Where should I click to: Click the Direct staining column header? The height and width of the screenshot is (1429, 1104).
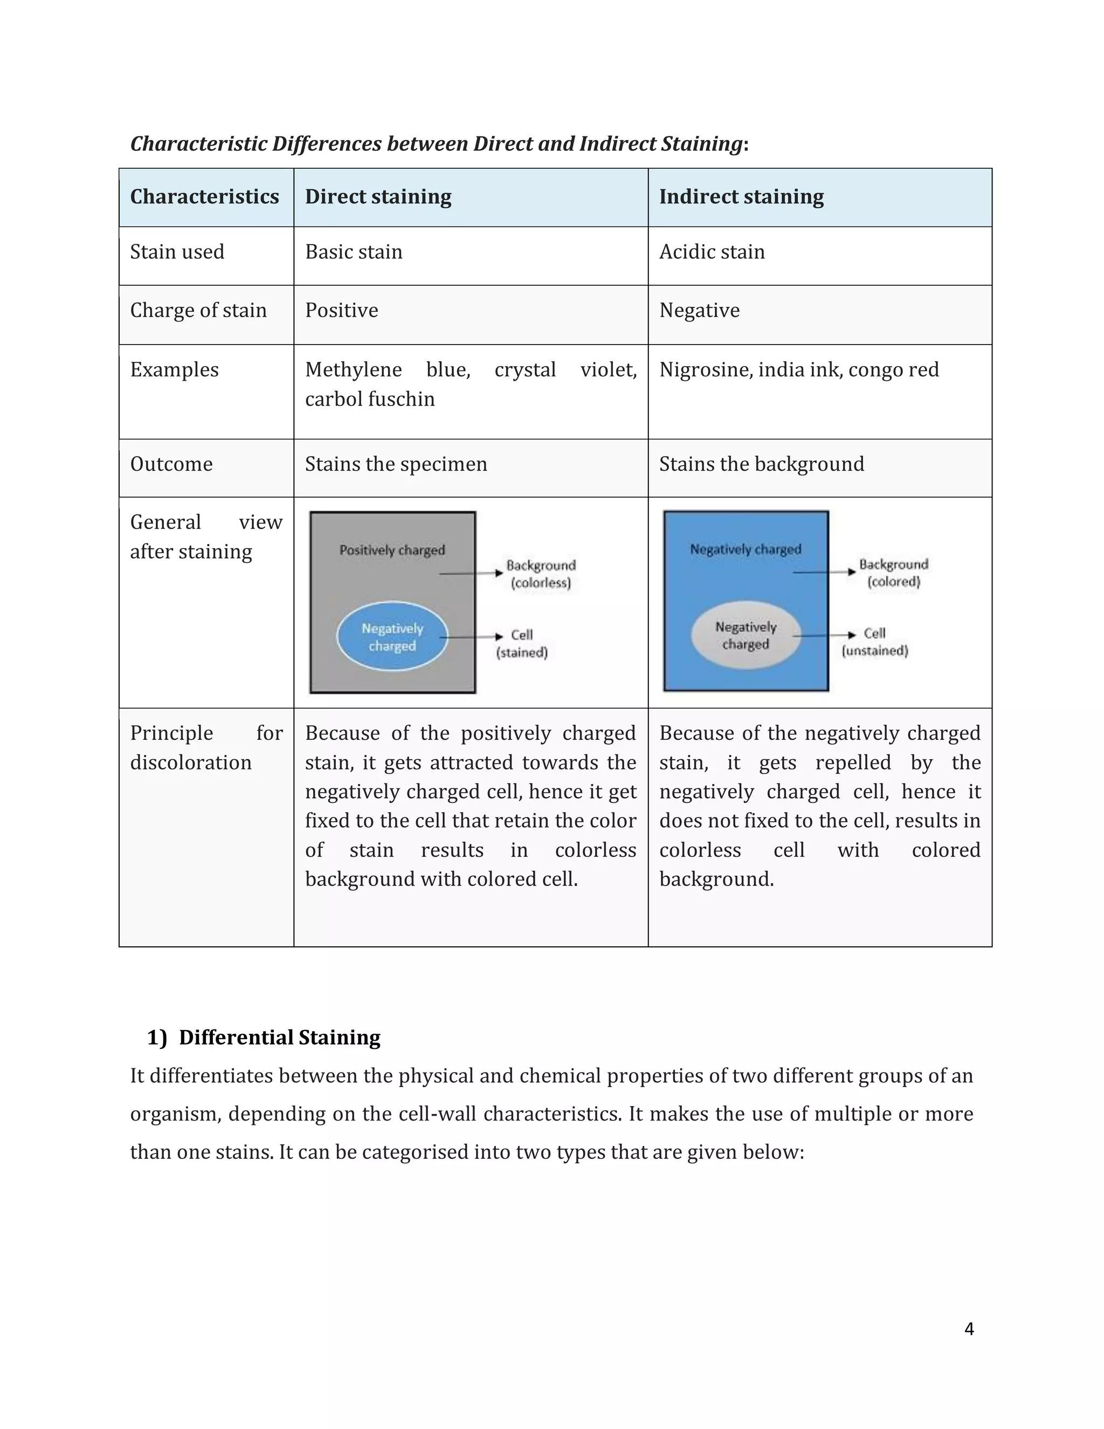tap(378, 197)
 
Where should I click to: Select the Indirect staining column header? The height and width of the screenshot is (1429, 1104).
tap(741, 197)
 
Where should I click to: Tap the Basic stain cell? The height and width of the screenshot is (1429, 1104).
tap(354, 252)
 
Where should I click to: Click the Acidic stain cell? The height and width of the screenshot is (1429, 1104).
tap(712, 252)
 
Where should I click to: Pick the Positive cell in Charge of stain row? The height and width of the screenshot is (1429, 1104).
tap(341, 310)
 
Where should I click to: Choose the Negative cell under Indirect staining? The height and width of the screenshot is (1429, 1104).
tap(699, 310)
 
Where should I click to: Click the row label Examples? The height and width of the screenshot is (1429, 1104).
tap(174, 370)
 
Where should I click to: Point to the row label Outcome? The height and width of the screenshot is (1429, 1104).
tap(171, 464)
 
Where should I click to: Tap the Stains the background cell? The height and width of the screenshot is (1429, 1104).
tap(761, 464)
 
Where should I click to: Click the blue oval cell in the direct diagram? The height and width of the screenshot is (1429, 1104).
tap(392, 636)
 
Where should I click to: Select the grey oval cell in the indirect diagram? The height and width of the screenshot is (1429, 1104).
tap(746, 635)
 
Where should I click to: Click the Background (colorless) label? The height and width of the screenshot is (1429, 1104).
tap(541, 574)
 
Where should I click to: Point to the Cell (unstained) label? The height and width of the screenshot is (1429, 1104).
tap(874, 642)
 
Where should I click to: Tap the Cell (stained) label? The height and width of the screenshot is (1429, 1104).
tap(521, 643)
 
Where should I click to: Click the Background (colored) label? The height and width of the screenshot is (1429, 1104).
tap(893, 573)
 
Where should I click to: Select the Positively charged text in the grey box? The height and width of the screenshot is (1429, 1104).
tap(392, 550)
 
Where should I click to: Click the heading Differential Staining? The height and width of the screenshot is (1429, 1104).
tap(279, 1038)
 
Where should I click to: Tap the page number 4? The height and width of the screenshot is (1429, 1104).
tap(969, 1329)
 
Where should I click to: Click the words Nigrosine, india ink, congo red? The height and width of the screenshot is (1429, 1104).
tap(798, 370)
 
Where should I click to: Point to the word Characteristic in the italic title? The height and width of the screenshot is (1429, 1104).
tap(198, 143)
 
